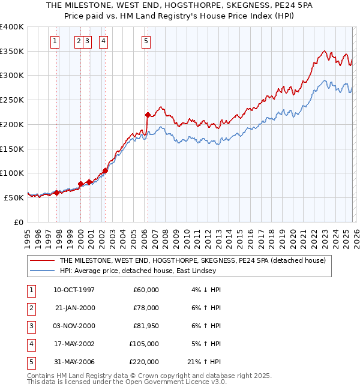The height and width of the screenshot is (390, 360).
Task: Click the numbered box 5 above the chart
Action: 146,41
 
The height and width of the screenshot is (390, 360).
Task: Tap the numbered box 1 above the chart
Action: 55,41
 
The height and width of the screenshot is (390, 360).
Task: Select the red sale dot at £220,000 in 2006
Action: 148,114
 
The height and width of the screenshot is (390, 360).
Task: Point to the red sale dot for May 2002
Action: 105,170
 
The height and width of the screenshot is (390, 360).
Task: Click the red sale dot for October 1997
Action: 56,193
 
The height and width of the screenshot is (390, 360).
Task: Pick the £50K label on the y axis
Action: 14,197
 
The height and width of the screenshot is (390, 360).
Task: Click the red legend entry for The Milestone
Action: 192,260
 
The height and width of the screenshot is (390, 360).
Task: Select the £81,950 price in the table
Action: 146,326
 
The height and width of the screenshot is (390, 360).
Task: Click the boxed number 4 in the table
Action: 30,344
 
